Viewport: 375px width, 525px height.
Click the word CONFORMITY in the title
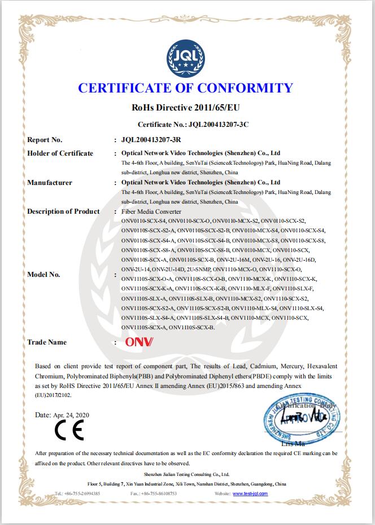(247, 88)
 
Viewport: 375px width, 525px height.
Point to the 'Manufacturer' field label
(50, 183)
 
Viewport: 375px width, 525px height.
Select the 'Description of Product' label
(63, 211)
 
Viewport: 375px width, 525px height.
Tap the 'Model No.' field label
(43, 275)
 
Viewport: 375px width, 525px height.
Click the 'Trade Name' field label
(47, 342)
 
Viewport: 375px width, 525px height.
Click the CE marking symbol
(69, 431)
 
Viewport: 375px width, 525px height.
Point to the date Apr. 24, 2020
(62, 414)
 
